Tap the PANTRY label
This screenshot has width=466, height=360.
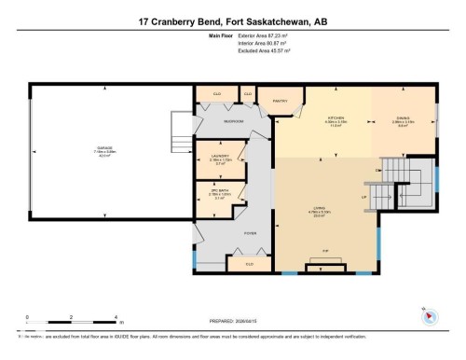(x=279, y=101)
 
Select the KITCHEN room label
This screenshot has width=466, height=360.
(x=335, y=118)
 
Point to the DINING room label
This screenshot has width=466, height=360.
(x=402, y=118)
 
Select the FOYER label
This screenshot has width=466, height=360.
(x=251, y=232)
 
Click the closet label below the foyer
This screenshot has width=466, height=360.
(x=249, y=265)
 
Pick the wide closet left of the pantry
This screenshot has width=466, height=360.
(x=216, y=94)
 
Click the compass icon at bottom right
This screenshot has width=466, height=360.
(x=430, y=318)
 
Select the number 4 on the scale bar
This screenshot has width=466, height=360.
(x=113, y=318)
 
